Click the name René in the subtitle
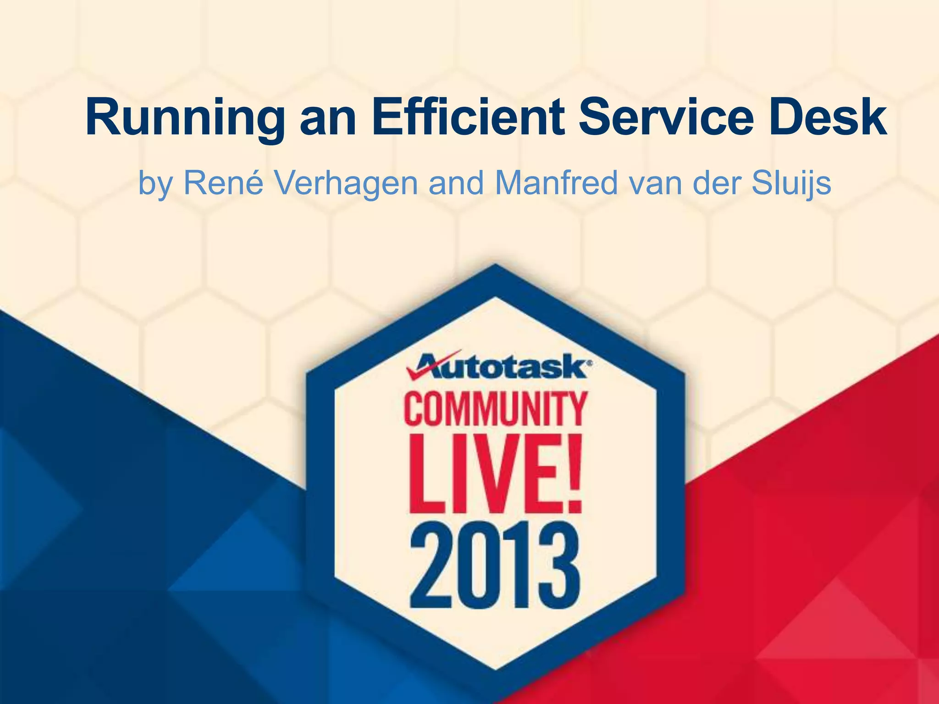click(223, 183)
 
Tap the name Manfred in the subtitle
click(557, 183)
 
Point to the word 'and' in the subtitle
click(456, 183)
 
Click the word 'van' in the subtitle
click(655, 183)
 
